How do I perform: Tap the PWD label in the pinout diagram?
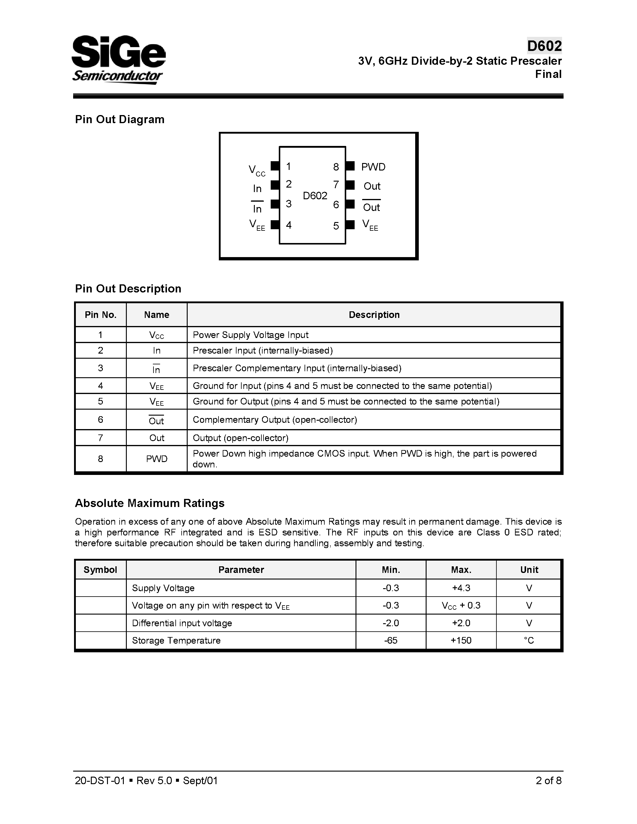tap(373, 167)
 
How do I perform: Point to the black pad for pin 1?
tap(275, 166)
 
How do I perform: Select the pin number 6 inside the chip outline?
tap(336, 205)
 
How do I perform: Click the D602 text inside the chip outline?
tap(315, 195)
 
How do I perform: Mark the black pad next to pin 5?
tap(350, 225)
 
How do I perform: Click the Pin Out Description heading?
tap(128, 289)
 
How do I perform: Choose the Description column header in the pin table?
tap(374, 315)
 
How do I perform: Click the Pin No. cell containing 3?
tap(100, 368)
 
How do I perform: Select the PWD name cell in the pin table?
tap(156, 459)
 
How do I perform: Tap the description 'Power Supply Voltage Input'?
tap(251, 335)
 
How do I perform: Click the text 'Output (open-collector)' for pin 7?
tap(240, 438)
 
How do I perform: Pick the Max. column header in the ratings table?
tap(461, 570)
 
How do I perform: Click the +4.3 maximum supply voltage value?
tap(461, 588)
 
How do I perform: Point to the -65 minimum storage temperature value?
tap(391, 640)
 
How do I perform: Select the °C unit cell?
tap(529, 640)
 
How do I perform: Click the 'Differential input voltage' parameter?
tap(182, 623)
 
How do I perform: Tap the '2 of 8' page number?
tap(548, 781)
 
